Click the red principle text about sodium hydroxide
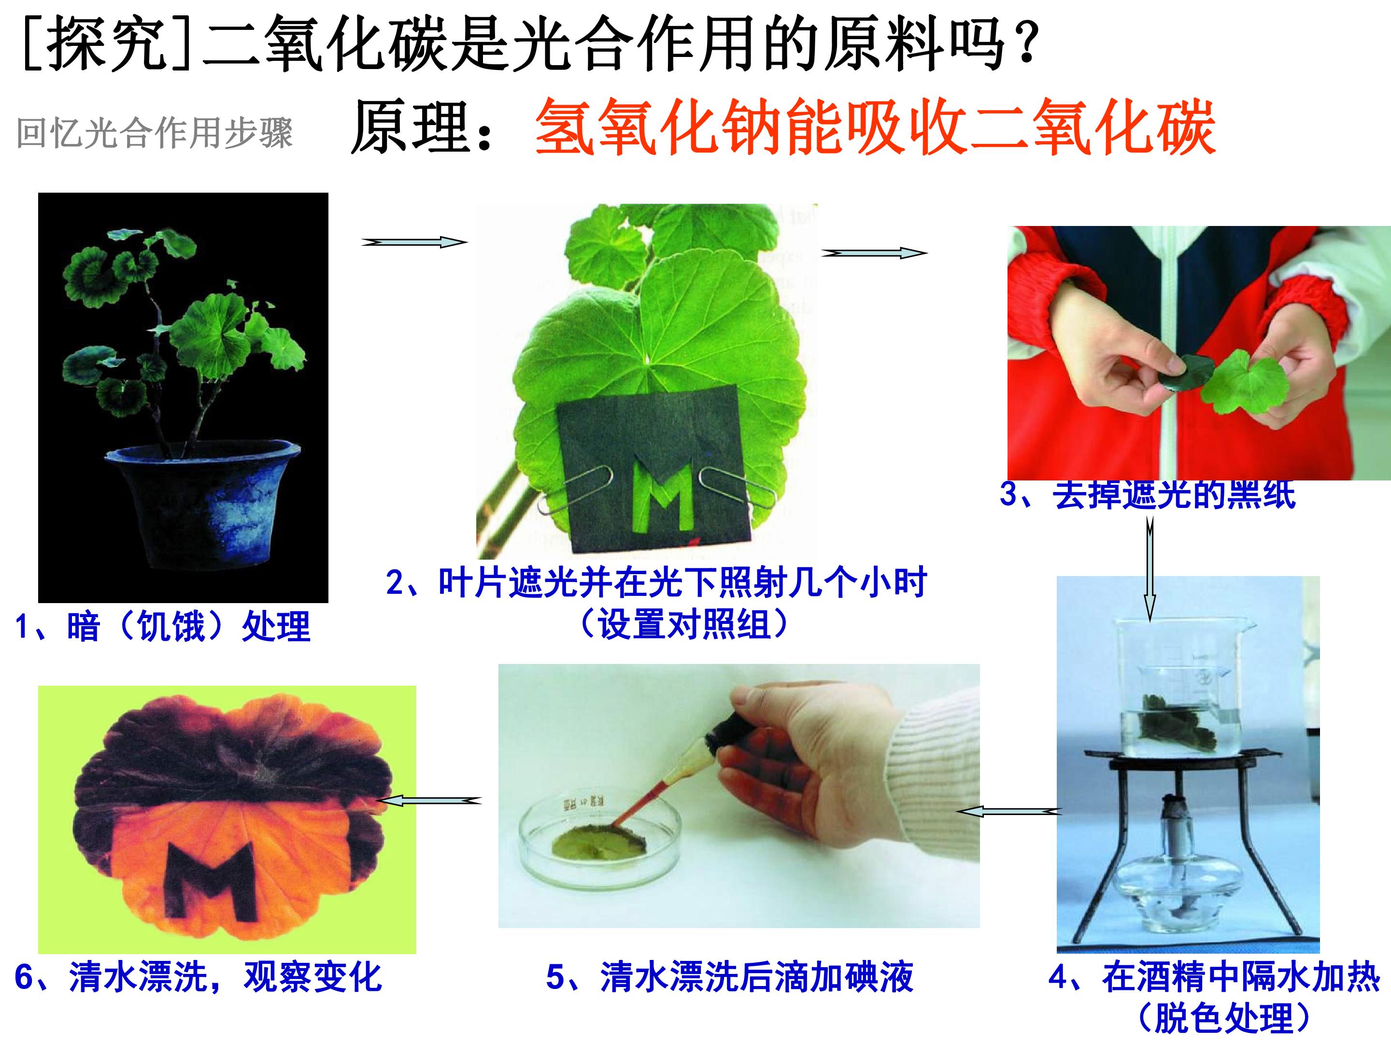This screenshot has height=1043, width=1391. pos(875,127)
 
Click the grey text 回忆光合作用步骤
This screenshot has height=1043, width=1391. pos(155,133)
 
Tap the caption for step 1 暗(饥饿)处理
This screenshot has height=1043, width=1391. pos(163,627)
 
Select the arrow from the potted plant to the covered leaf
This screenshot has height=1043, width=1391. pos(414,242)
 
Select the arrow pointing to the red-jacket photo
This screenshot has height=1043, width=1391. pos(874,253)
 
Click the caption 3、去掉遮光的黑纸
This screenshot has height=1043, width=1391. pos(1148,494)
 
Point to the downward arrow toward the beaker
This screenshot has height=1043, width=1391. pos(1150,569)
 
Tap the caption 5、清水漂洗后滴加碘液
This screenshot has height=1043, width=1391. pos(729,978)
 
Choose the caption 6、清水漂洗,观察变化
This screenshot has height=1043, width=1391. pos(198,978)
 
